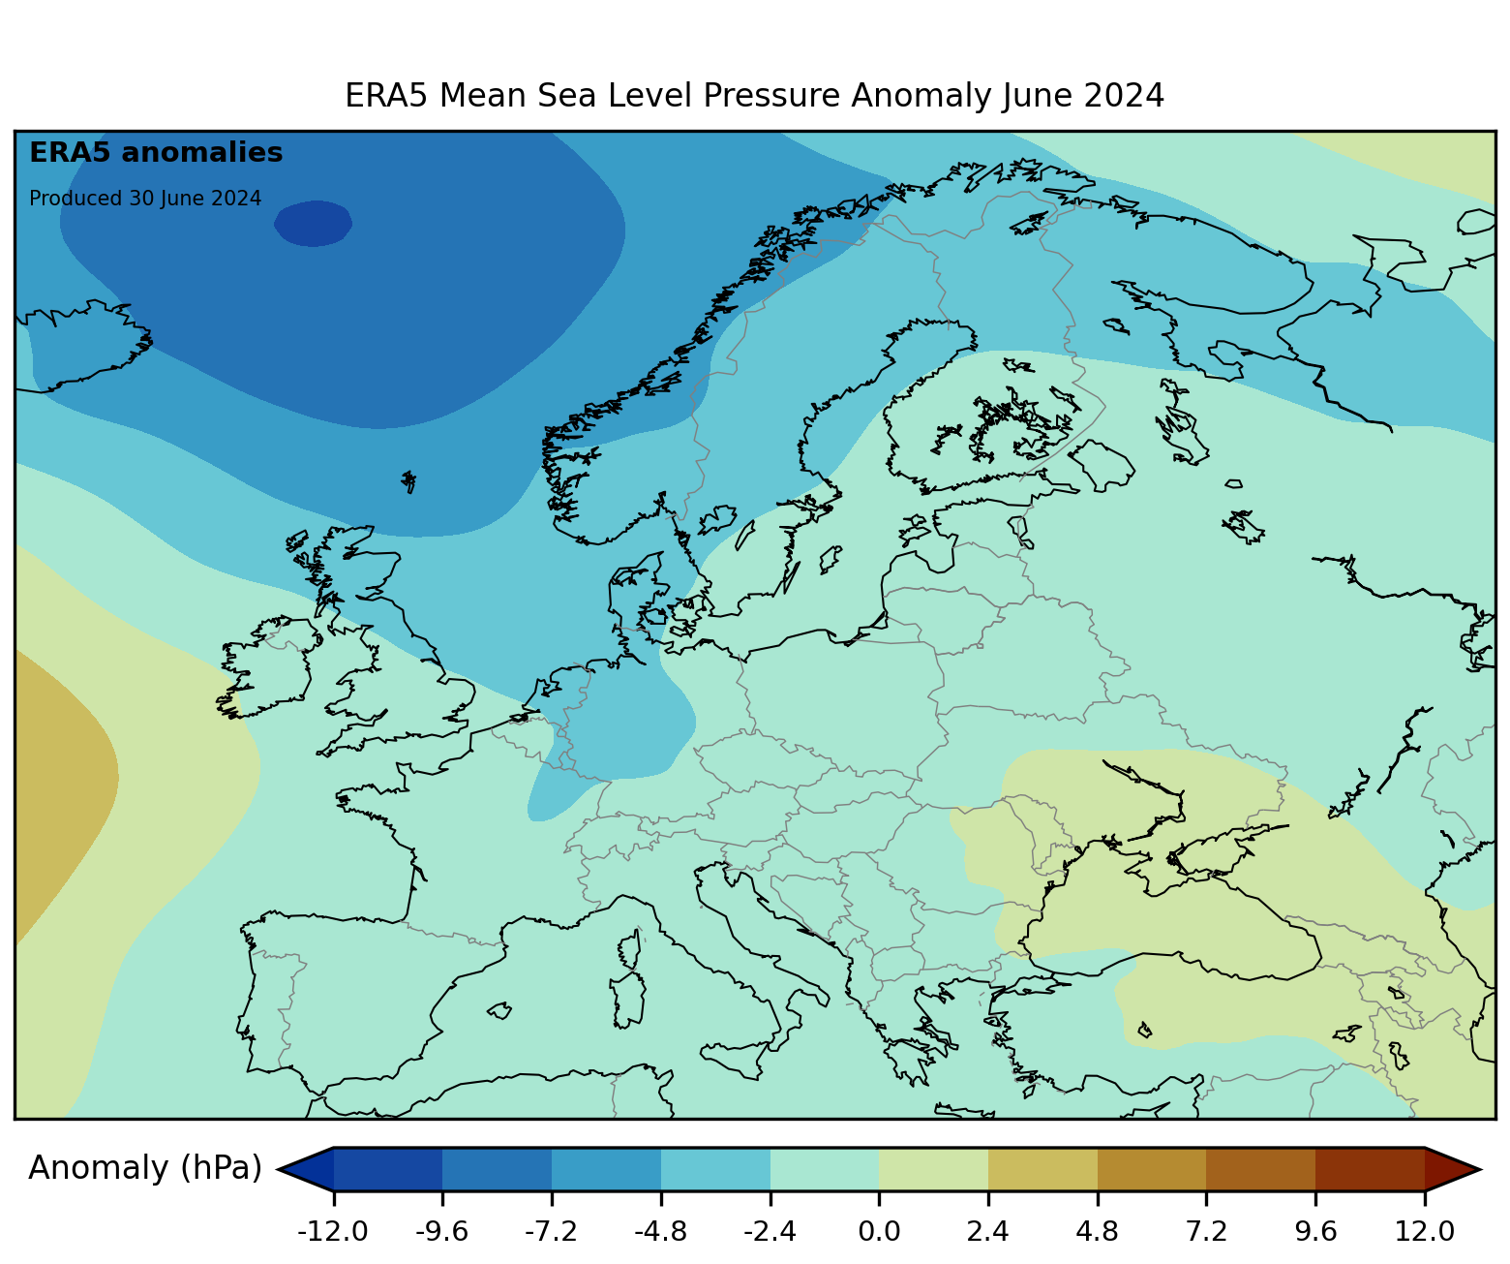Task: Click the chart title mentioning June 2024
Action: coord(754,96)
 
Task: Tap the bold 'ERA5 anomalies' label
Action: coord(156,153)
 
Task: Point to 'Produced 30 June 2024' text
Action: coord(145,199)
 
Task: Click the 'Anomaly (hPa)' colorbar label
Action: coord(145,1168)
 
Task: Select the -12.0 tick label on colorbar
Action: coord(333,1232)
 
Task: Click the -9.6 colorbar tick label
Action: coord(442,1232)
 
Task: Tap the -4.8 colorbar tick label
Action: coord(661,1232)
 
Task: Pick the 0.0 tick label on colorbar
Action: coord(879,1232)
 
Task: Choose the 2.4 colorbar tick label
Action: coord(988,1232)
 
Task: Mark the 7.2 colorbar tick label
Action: coord(1206,1232)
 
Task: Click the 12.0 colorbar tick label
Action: coord(1425,1232)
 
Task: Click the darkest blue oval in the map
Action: coord(313,223)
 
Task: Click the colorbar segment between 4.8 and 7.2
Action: coord(1152,1169)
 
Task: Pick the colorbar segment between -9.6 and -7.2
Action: coord(497,1169)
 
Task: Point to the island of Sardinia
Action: coord(628,1000)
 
